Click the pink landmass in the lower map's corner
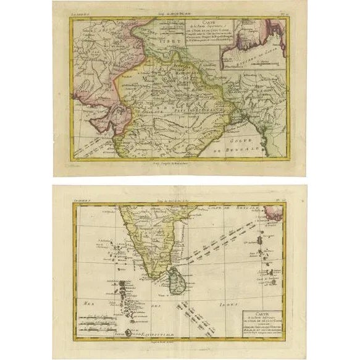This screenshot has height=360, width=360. [277, 214]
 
